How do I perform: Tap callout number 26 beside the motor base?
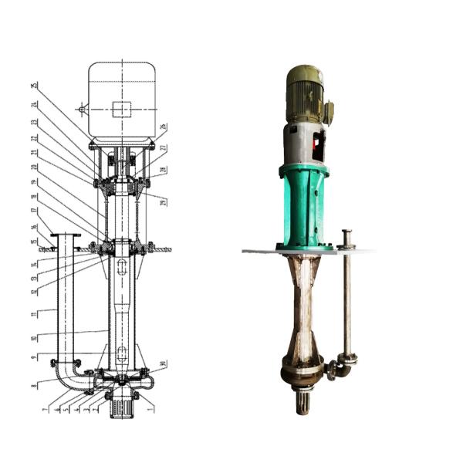click(164, 127)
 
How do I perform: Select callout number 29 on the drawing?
click(164, 202)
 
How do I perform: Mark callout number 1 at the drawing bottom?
click(150, 409)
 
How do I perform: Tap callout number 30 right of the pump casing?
click(164, 364)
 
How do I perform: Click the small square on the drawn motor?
click(121, 110)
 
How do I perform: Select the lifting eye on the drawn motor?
click(82, 110)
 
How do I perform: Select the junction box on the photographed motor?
click(329, 113)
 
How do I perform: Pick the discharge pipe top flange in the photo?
click(347, 232)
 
